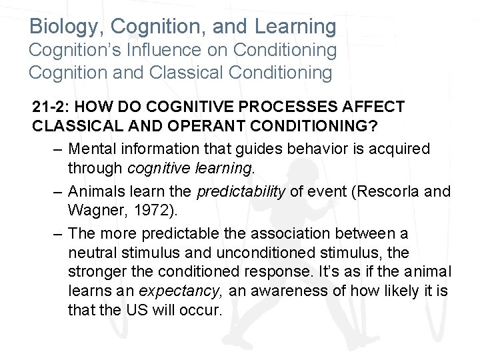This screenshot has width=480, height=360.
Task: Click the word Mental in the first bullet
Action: coord(91,148)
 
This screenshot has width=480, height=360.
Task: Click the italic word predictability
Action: coord(241,192)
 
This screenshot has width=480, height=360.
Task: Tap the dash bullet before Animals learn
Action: coord(57,192)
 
